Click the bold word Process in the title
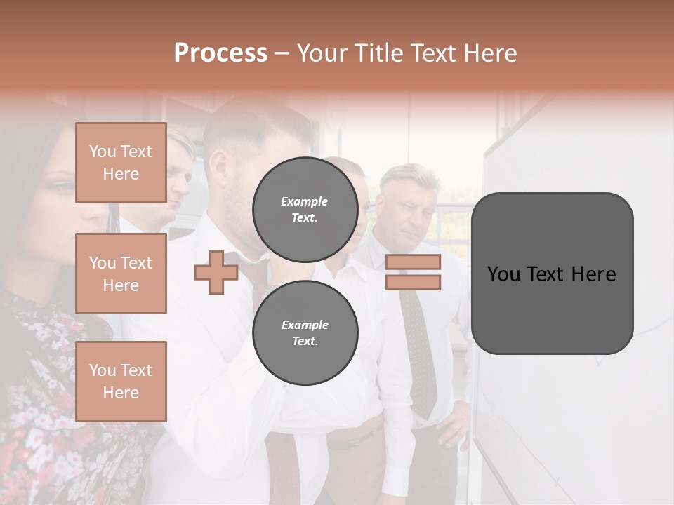[x=220, y=53]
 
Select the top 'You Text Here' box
[x=121, y=163]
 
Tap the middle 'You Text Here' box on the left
[x=121, y=274]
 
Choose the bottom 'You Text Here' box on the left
[x=121, y=382]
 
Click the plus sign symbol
[x=216, y=272]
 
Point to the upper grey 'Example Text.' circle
[x=305, y=209]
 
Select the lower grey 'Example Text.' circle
[x=305, y=332]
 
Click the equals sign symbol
[x=413, y=272]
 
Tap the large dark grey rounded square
[x=552, y=274]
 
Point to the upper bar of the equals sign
[x=413, y=262]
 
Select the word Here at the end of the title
[x=491, y=53]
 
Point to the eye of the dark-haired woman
[x=62, y=187]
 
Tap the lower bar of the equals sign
[x=413, y=283]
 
